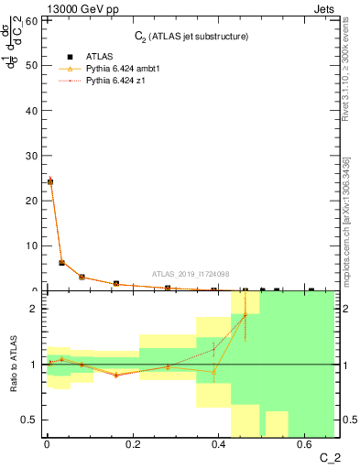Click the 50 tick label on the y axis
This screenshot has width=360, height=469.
pos(30,65)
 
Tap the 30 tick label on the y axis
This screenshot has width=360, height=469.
pos(30,156)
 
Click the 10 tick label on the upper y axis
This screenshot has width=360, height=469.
pos(30,245)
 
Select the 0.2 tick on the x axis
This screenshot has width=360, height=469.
pos(133,445)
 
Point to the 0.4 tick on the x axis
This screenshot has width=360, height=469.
pos(219,445)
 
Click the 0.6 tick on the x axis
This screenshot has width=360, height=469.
pos(305,445)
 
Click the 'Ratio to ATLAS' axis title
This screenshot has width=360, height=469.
pos(13,365)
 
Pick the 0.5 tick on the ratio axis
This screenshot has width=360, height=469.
pos(28,420)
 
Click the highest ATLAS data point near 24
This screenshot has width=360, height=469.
pos(49,181)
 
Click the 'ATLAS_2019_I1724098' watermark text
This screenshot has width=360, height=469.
pos(191,274)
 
